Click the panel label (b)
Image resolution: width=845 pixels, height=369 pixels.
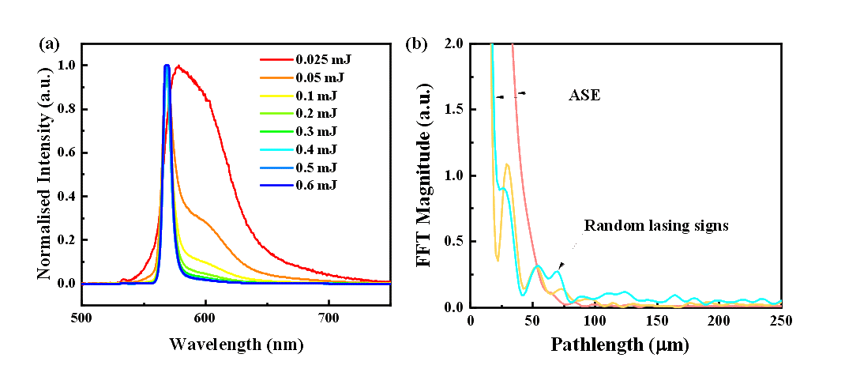click(x=416, y=44)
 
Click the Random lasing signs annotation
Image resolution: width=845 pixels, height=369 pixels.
click(x=655, y=225)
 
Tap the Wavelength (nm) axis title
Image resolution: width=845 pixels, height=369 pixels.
click(x=235, y=345)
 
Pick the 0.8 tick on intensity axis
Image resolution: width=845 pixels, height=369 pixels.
click(x=67, y=109)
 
